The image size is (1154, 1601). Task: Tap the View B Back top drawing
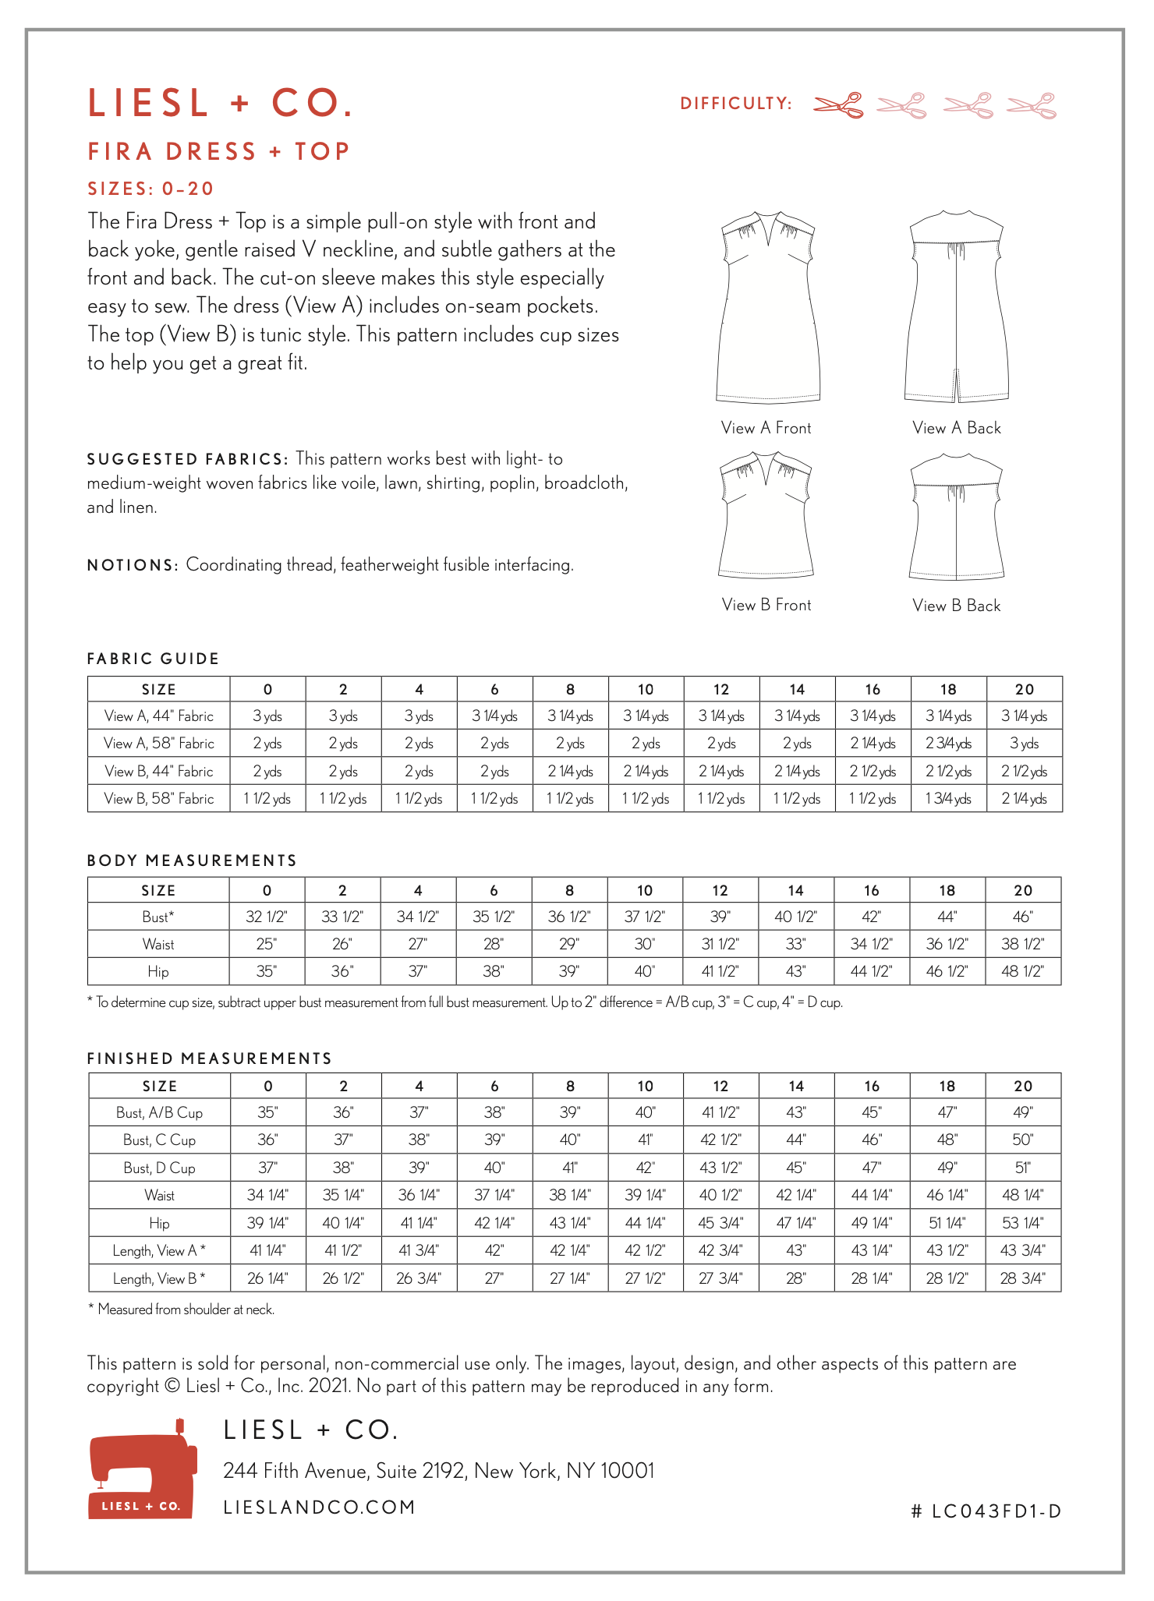coord(957,518)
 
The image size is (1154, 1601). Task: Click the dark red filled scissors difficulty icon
coord(838,104)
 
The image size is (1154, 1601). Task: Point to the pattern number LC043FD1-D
coord(986,1511)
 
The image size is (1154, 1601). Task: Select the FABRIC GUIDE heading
coord(153,659)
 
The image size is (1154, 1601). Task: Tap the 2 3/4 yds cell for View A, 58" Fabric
coord(948,744)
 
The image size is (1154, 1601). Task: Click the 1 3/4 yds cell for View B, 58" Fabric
coord(948,799)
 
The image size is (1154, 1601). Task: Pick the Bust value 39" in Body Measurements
coord(720,917)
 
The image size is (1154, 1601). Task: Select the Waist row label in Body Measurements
coord(158,945)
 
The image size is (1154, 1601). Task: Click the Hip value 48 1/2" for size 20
coord(1022,972)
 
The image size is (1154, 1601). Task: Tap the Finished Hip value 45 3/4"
coord(720,1223)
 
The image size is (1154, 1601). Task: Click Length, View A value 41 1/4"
coord(267,1250)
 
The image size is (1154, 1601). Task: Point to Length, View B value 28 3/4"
coord(1022,1278)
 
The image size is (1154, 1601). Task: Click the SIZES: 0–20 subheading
coord(150,189)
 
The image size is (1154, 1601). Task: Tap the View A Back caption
coord(957,428)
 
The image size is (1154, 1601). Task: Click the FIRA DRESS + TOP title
coord(219,151)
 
